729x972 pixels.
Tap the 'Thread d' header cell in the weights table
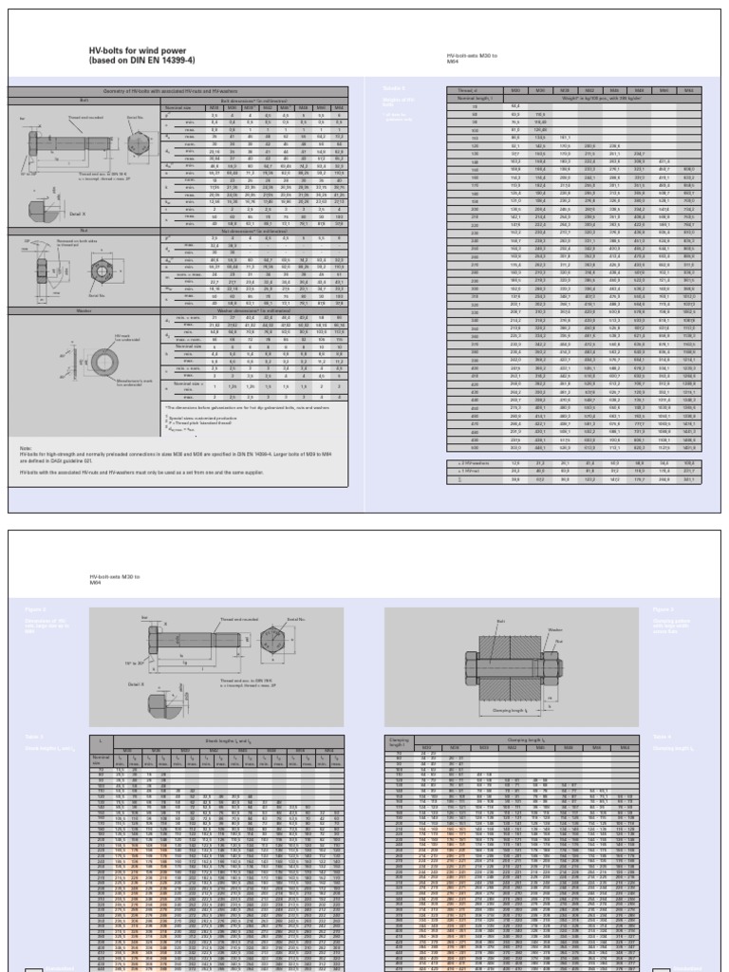click(x=460, y=90)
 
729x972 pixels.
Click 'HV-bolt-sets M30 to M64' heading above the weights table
click(x=472, y=60)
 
